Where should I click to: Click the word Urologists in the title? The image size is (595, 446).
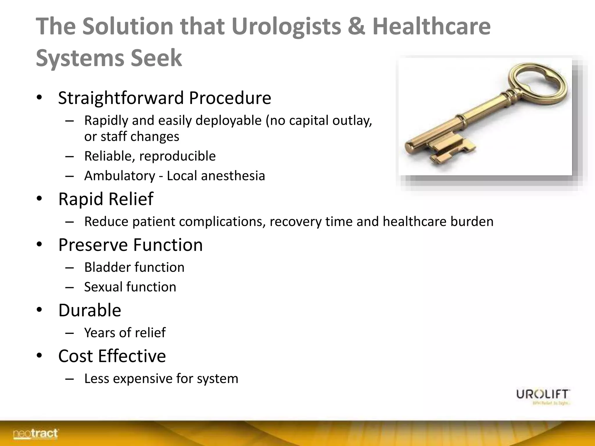[286, 27]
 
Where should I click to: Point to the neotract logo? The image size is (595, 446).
[35, 434]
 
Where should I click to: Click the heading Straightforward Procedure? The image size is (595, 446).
[164, 98]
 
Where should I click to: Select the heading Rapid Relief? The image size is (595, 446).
[106, 199]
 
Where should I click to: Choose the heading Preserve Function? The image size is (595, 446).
[130, 245]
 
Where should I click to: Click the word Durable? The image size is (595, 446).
[89, 310]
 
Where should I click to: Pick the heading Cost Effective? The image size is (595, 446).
[112, 356]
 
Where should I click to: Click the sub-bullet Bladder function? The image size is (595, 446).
[134, 267]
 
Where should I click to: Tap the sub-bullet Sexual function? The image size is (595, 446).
[130, 287]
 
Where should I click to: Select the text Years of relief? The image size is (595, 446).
[125, 333]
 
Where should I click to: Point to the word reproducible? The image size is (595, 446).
[178, 156]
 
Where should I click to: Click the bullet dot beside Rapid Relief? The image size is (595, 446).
[40, 199]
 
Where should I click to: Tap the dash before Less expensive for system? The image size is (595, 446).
[69, 379]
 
